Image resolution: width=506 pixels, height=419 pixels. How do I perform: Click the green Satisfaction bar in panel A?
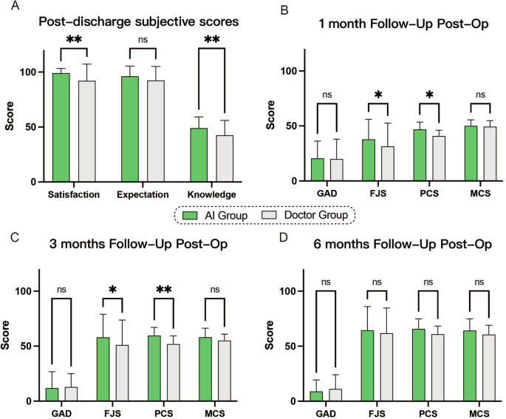[61, 127]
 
